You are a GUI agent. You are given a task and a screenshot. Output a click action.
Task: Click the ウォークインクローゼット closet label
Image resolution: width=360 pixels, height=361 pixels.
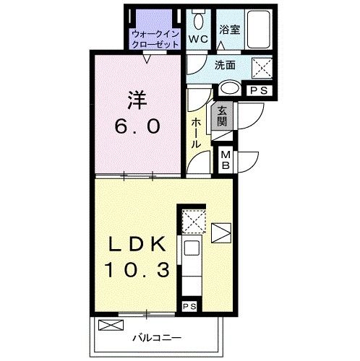coord(155,38)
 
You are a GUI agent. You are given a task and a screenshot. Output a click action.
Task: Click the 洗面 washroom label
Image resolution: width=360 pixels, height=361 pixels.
coord(225,65)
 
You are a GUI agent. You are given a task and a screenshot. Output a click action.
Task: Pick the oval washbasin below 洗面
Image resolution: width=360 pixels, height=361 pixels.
coord(230,89)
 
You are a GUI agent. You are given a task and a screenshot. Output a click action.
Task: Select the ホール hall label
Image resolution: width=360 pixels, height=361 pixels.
coord(195,133)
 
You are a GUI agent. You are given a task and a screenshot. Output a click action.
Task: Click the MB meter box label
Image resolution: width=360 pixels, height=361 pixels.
coord(225,160)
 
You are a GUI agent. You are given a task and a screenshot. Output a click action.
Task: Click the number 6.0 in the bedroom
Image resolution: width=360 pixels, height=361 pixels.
coord(134,126)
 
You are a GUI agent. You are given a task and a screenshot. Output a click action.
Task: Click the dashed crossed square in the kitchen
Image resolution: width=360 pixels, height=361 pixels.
coord(192,220)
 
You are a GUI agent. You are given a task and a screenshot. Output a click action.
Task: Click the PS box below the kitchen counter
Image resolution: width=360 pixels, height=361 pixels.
coord(189,306)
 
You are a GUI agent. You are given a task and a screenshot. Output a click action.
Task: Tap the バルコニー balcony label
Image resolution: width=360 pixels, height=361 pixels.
coord(156,337)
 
